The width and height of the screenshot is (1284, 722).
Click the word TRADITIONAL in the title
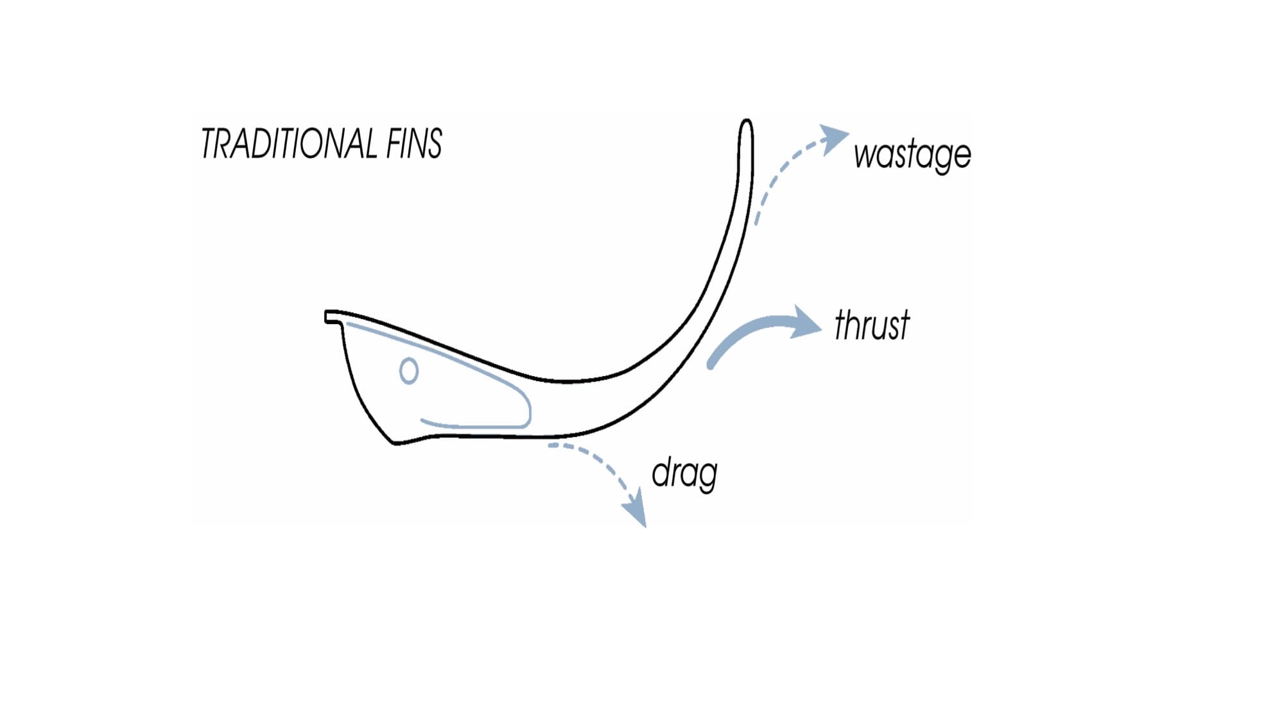coord(289,143)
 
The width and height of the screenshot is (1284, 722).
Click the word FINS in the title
coord(414,143)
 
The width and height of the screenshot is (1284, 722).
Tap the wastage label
coord(912,155)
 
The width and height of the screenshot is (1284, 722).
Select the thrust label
coord(872,325)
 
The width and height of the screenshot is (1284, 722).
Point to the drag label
coord(684,474)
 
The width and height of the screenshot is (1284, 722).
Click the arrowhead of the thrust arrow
coord(806,322)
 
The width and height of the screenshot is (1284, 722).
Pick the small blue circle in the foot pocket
coord(409,371)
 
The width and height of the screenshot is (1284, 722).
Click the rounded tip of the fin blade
coord(746,125)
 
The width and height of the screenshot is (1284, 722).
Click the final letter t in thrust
coord(903,325)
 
